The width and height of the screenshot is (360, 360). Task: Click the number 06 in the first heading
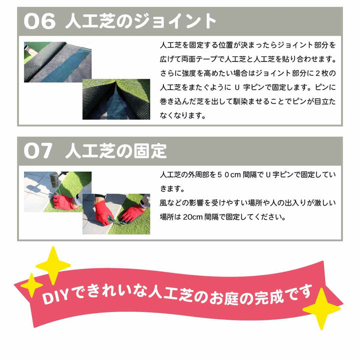[x=39, y=21]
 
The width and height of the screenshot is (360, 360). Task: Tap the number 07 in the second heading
[x=38, y=151]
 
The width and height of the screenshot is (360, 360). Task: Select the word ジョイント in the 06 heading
[x=175, y=21]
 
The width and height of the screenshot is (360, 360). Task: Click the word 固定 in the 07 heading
[x=150, y=151]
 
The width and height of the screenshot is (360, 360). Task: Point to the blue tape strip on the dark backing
[x=66, y=67]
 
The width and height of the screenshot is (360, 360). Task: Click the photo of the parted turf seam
[x=116, y=99]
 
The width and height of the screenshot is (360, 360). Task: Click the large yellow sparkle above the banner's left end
[x=53, y=265]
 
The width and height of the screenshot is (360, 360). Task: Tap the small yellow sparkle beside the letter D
[x=31, y=285]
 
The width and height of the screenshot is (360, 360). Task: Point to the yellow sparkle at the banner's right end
[x=321, y=309]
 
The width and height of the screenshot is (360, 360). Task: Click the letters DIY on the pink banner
[x=55, y=297]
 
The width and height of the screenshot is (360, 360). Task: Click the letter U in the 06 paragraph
[x=237, y=87]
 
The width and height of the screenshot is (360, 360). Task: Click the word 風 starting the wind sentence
[x=163, y=203]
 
